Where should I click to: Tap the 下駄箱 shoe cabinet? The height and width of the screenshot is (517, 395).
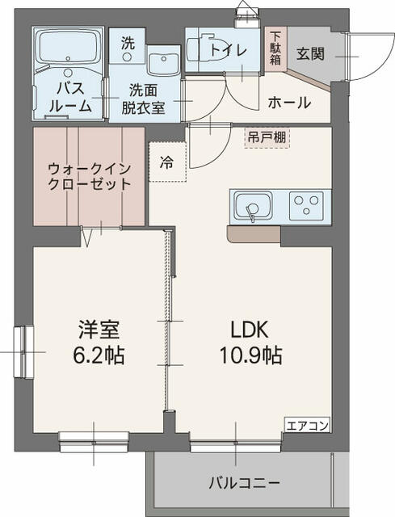click(x=275, y=48)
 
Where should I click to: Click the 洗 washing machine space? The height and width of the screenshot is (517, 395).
click(x=128, y=46)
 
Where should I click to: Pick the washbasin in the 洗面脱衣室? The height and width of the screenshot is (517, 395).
click(x=166, y=59)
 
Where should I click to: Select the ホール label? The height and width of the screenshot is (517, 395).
click(x=288, y=103)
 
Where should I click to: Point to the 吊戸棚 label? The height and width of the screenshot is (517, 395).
click(x=267, y=137)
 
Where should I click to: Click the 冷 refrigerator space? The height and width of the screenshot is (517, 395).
click(x=166, y=162)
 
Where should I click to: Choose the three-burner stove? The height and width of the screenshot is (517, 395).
click(x=306, y=202)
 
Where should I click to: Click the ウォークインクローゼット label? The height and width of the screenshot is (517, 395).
click(x=89, y=176)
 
